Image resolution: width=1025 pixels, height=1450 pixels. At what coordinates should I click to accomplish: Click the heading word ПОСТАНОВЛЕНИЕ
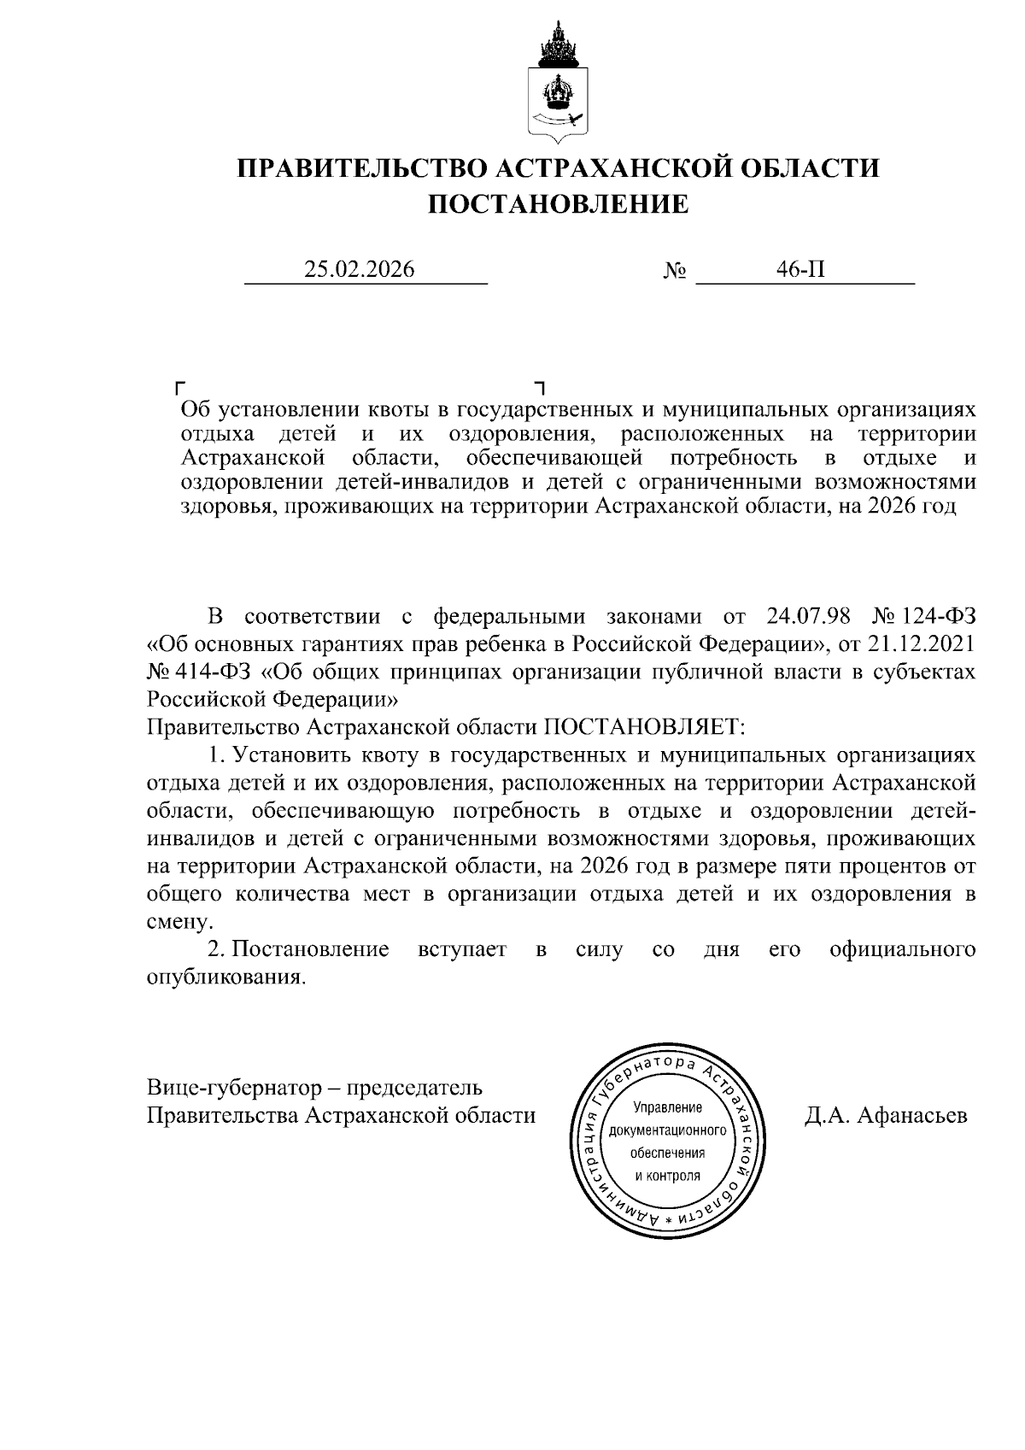pyautogui.click(x=557, y=204)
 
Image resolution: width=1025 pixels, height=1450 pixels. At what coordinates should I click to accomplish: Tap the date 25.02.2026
pyautogui.click(x=360, y=270)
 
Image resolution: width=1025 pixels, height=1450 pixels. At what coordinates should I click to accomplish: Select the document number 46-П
pyautogui.click(x=800, y=270)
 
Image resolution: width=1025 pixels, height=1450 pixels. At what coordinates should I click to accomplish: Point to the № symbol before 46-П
pyautogui.click(x=675, y=272)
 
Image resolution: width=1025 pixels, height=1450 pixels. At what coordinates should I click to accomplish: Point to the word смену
pyautogui.click(x=177, y=922)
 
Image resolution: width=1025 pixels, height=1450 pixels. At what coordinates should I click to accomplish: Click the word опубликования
pyautogui.click(x=225, y=977)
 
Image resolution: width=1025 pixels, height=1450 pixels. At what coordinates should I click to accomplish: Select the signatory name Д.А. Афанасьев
pyautogui.click(x=886, y=1115)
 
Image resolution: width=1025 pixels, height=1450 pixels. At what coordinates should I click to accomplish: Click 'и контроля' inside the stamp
pyautogui.click(x=667, y=1175)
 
